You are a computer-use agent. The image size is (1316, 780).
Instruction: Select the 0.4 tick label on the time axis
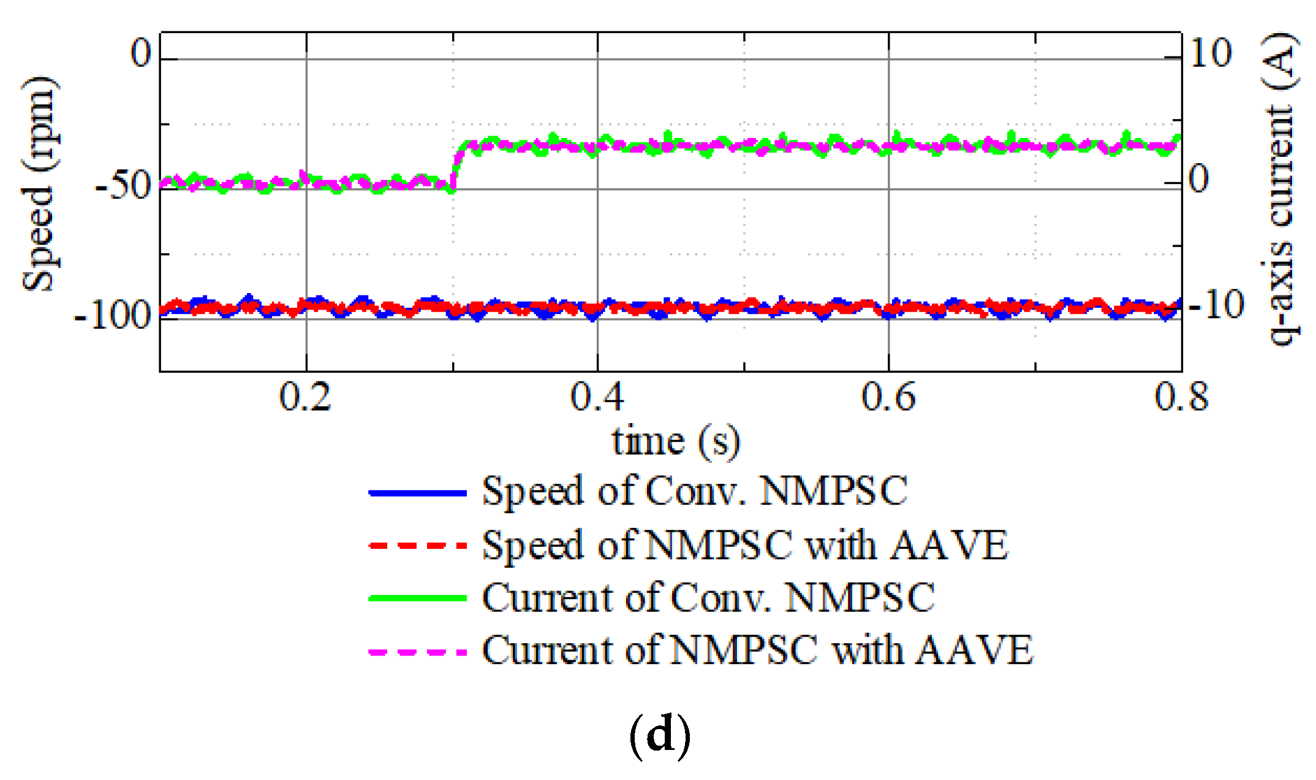pyautogui.click(x=597, y=397)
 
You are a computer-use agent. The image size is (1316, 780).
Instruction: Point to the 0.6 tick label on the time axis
pyautogui.click(x=888, y=397)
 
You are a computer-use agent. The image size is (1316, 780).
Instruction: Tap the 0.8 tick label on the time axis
pyautogui.click(x=1181, y=397)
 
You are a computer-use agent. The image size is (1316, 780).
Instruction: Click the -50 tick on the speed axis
pyautogui.click(x=123, y=185)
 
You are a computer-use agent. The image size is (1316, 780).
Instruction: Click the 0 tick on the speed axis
pyautogui.click(x=140, y=54)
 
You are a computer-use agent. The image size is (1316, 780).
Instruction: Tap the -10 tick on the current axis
pyautogui.click(x=1216, y=305)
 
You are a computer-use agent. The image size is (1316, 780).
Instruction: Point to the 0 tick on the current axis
pyautogui.click(x=1198, y=180)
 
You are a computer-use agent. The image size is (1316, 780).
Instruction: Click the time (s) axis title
pyautogui.click(x=676, y=442)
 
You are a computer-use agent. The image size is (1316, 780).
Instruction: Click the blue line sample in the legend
pyautogui.click(x=418, y=492)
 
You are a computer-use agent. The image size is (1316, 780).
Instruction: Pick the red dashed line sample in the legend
pyautogui.click(x=418, y=545)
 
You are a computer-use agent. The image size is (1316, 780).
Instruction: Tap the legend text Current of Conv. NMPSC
pyautogui.click(x=708, y=598)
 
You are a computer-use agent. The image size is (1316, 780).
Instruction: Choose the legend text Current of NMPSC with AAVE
pyautogui.click(x=757, y=651)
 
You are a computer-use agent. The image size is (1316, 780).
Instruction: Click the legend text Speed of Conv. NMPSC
pyautogui.click(x=695, y=492)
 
